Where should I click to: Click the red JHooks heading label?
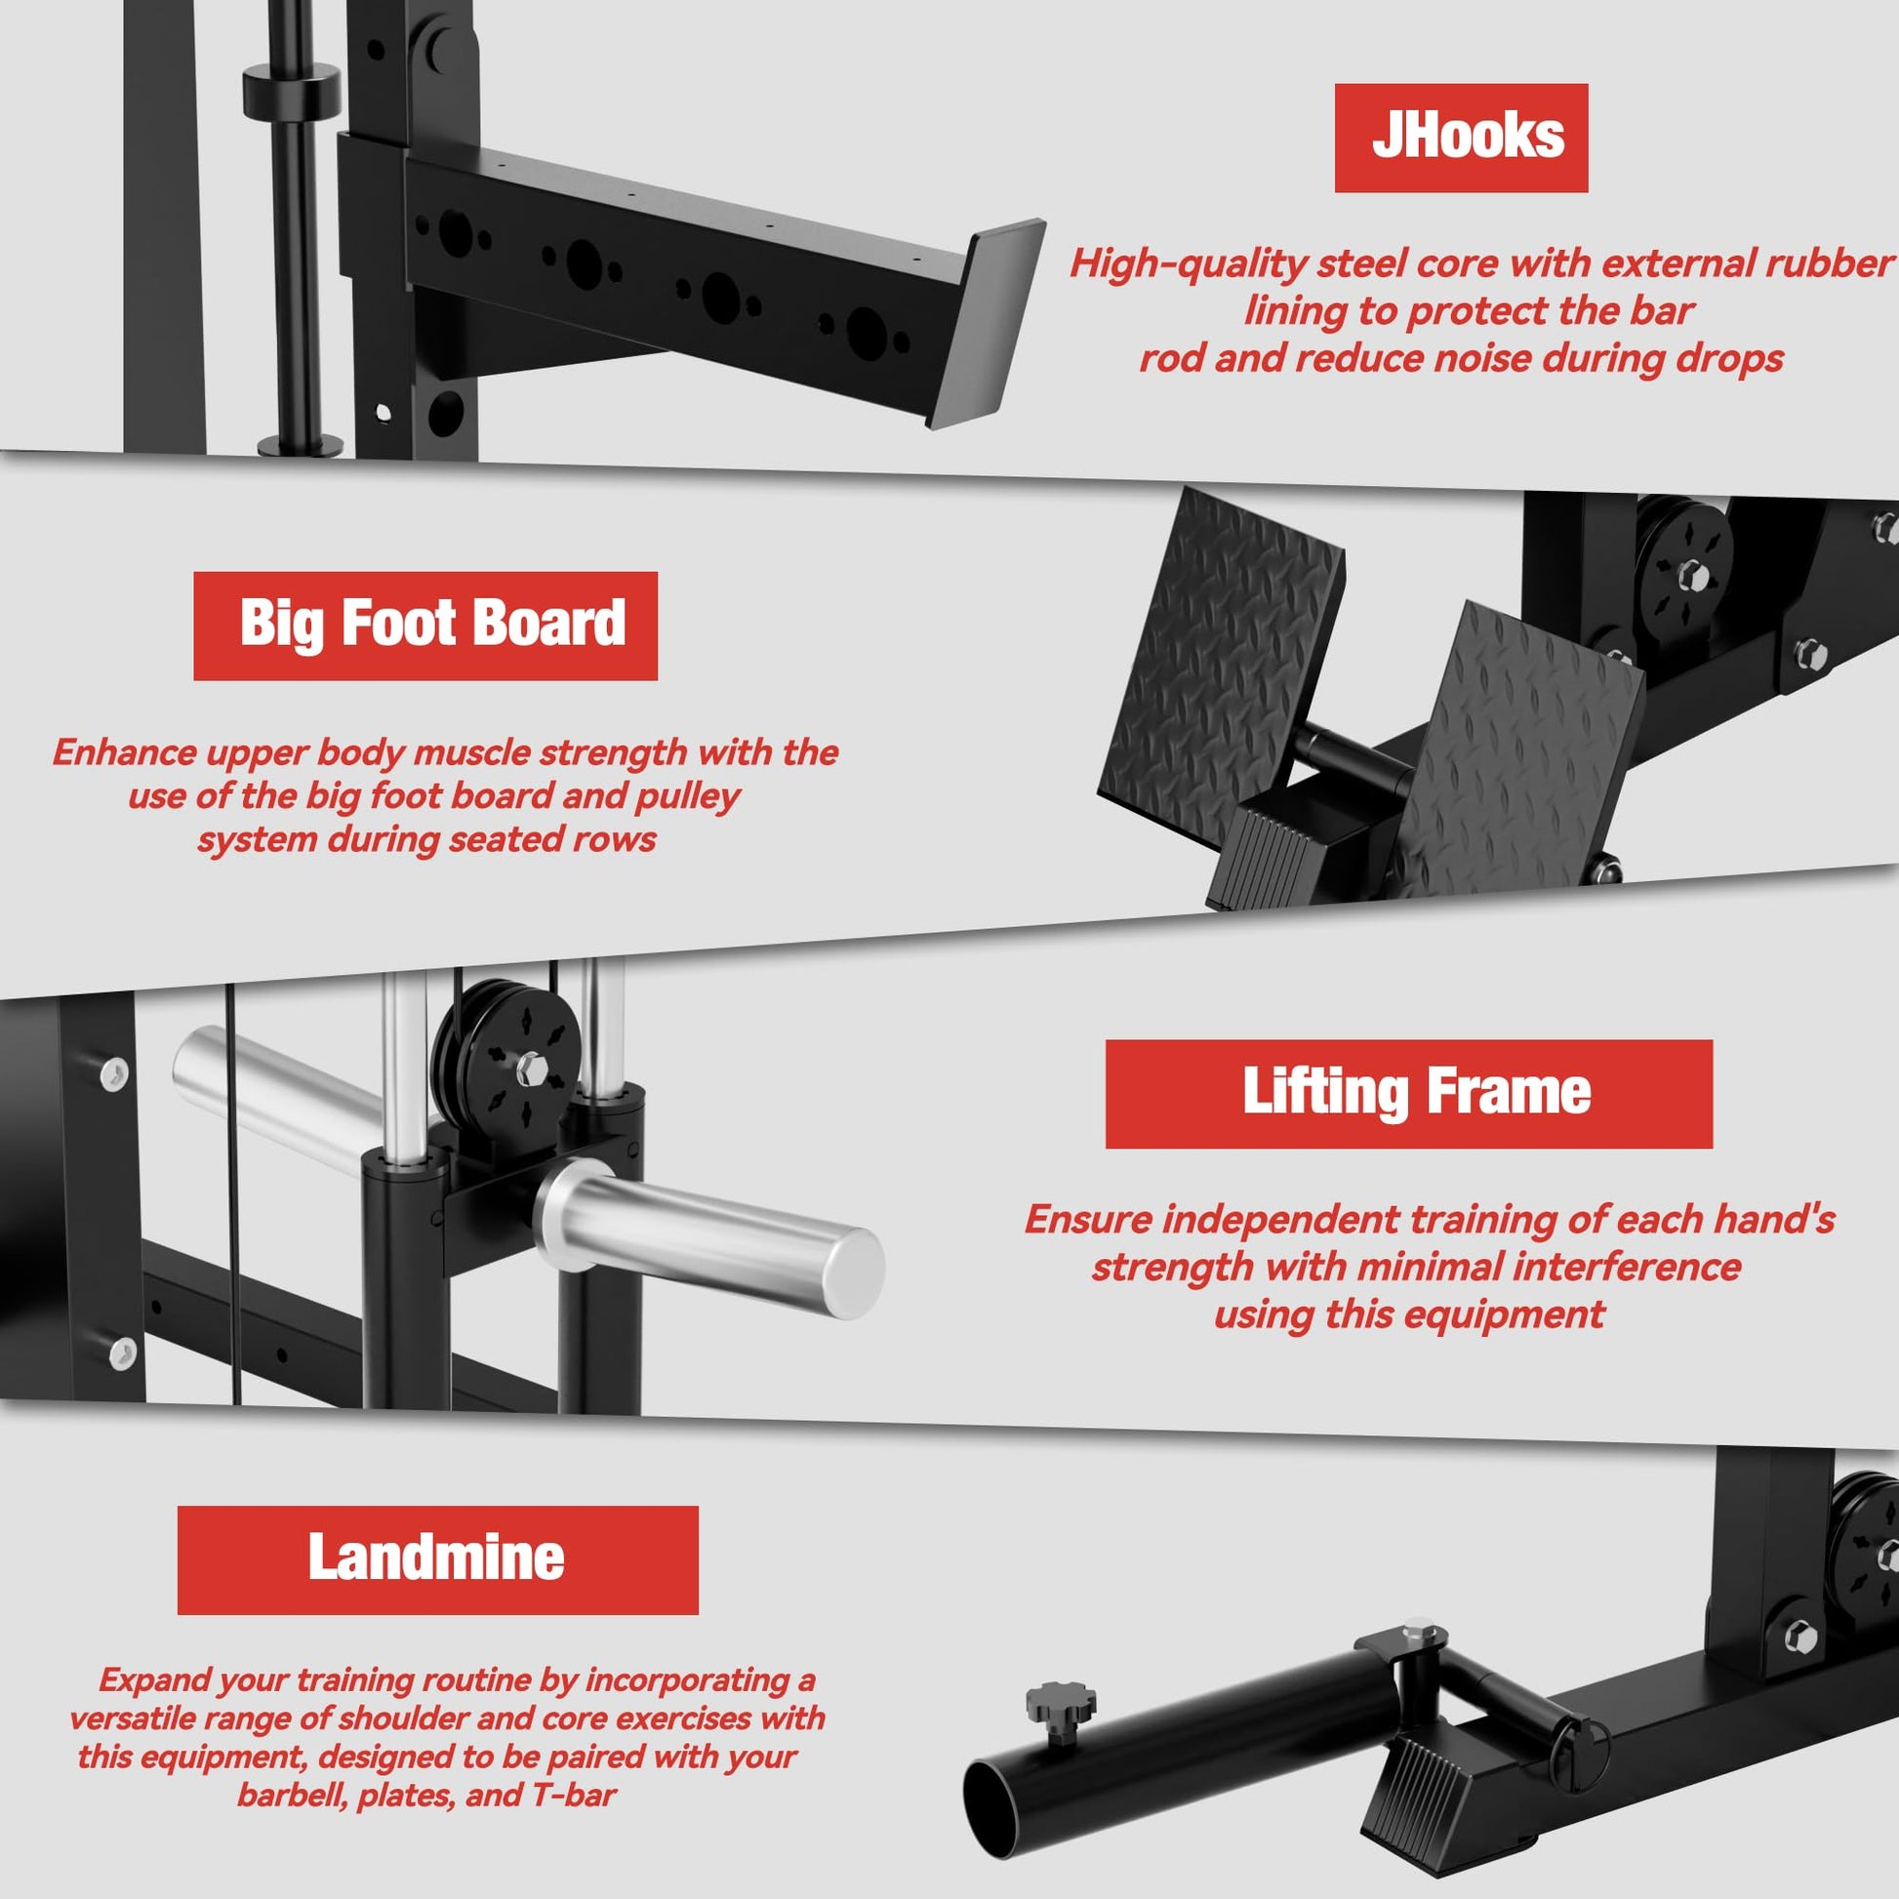1461,138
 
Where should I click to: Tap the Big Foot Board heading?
425,626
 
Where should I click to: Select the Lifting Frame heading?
1408,1094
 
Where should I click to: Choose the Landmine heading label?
437,1559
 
